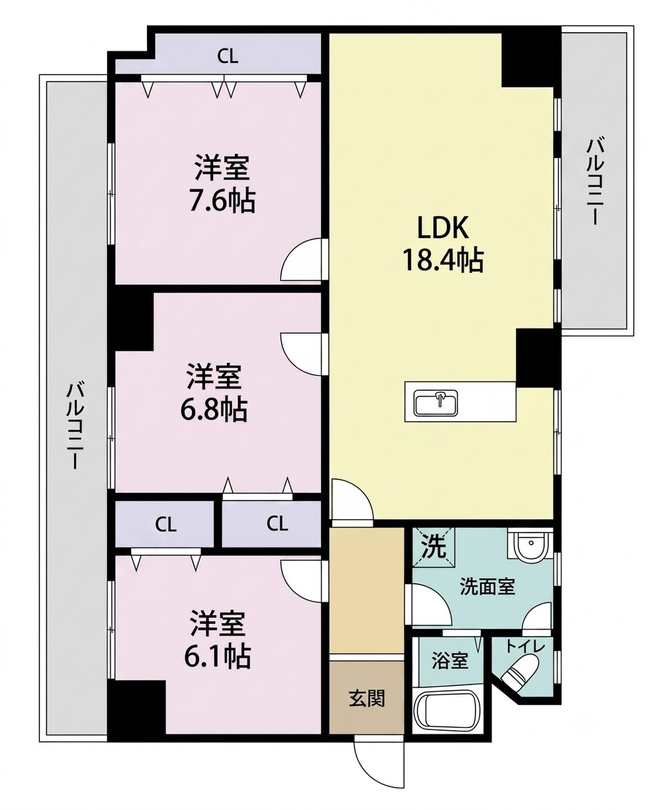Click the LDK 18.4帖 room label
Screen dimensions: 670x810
tap(443, 244)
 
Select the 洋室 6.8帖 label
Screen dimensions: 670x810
tap(214, 393)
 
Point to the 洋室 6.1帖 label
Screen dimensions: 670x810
tap(217, 640)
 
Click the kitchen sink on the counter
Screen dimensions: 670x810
tap(436, 403)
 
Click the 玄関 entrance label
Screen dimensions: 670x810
tap(367, 699)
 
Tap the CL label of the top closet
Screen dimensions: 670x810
tap(228, 56)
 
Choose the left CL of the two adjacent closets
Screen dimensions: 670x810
tap(166, 525)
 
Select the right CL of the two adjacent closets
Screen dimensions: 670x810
tap(277, 524)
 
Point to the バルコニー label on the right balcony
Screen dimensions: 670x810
tap(594, 181)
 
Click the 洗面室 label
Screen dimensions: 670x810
tap(487, 587)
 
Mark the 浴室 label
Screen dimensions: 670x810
tap(450, 661)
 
